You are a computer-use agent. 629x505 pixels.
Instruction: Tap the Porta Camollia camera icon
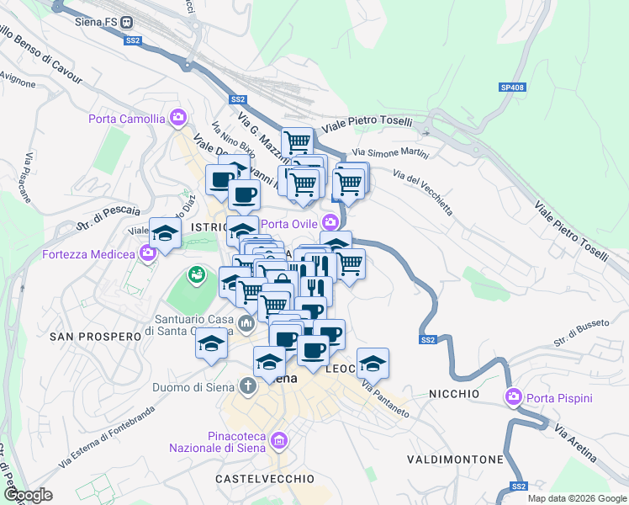(177, 118)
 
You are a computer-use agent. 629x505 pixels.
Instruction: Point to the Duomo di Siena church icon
(247, 386)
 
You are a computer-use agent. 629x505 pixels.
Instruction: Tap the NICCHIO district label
(454, 394)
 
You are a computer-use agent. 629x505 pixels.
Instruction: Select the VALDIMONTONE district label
(455, 460)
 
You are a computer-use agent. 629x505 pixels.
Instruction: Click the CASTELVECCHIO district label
(265, 478)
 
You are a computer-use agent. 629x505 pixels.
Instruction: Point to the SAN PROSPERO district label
(93, 336)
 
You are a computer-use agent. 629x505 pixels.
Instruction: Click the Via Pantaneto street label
(385, 400)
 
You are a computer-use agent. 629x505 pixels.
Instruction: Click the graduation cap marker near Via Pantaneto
(373, 363)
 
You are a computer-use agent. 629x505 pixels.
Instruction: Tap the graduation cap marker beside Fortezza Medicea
(165, 233)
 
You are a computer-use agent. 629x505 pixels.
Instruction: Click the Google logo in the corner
(27, 496)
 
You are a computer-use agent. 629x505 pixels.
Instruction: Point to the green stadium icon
(196, 274)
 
